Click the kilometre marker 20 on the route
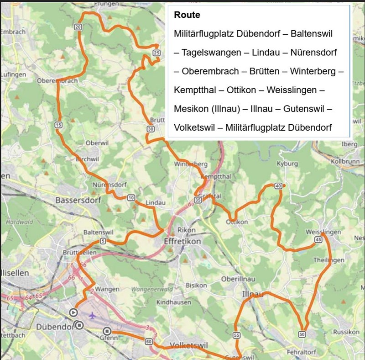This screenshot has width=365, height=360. (x=78, y=27)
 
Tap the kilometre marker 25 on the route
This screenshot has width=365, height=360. (x=157, y=53)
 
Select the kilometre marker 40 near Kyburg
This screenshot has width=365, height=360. (x=278, y=185)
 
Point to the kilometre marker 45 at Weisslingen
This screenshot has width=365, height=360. (x=318, y=240)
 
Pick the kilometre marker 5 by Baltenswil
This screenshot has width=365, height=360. (x=103, y=241)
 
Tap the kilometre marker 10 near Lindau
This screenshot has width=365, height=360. (x=131, y=197)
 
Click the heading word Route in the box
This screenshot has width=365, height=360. (x=187, y=15)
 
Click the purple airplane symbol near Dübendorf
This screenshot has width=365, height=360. (x=93, y=315)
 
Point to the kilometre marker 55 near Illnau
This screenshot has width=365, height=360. (x=236, y=335)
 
